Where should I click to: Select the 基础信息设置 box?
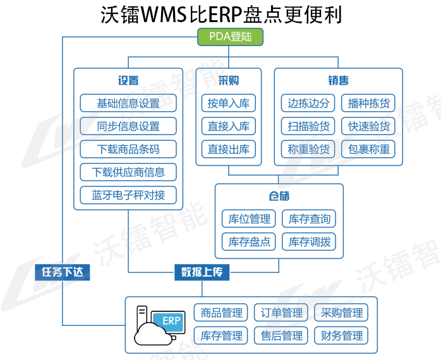coord(128,103)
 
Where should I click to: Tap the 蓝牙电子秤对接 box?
coord(128,195)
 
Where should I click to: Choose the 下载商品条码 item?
coord(128,149)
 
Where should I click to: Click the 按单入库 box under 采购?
coord(229,103)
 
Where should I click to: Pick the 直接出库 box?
coord(229,149)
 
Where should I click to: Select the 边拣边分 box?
coord(308,103)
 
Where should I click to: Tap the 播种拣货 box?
coord(369,103)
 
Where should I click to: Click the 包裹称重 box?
coord(369,149)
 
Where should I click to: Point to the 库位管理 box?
coord(249,219)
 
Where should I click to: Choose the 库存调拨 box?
coord(310,241)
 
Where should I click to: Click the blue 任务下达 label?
coord(63,272)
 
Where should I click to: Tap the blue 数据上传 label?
coord(202,272)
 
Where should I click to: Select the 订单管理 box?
coord(282,313)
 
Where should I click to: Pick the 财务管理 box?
coord(342,335)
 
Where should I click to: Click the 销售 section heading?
coord(338,81)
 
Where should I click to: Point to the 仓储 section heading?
coord(279,196)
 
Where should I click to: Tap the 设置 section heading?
coord(128,81)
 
